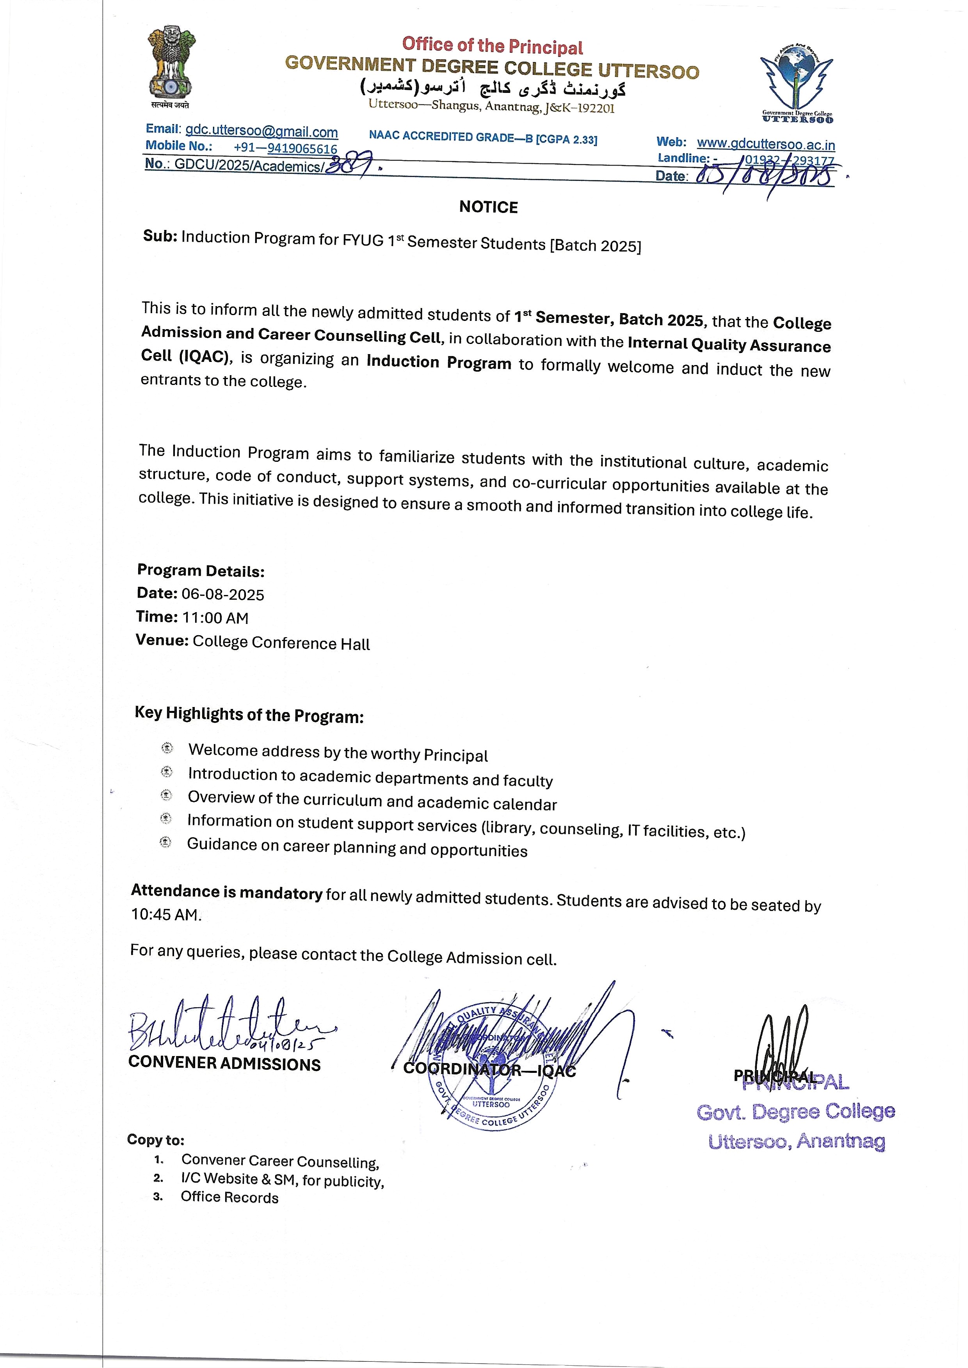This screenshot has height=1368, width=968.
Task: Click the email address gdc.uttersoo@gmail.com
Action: pos(262,131)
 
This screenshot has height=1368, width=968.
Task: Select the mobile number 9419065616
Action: pos(302,148)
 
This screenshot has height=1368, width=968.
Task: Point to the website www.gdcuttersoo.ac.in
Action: pos(766,144)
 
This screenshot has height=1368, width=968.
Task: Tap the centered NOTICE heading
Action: pos(488,207)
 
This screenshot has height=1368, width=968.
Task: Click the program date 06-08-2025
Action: pos(223,594)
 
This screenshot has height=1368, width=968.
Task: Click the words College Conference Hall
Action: pos(281,643)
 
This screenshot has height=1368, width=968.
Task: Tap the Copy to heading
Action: pos(156,1139)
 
